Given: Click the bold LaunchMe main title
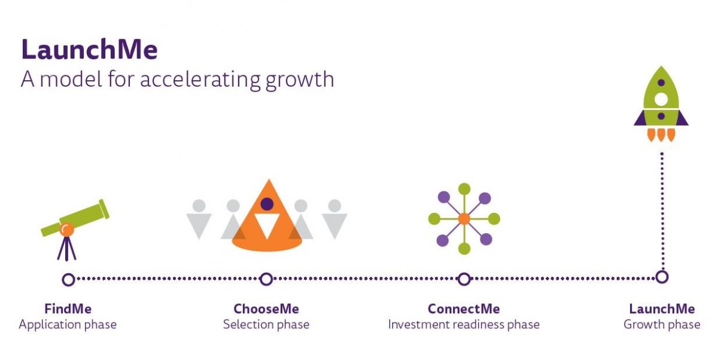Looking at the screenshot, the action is (x=89, y=49).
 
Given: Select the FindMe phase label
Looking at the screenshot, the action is (x=68, y=309).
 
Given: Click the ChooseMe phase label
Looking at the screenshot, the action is (x=266, y=309).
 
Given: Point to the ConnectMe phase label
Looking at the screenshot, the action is (x=464, y=309).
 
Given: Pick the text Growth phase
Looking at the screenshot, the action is (x=662, y=325).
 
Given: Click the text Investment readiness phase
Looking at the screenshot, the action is (x=464, y=325).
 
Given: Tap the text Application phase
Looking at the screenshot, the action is (x=68, y=325).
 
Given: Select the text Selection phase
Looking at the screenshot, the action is (x=266, y=325).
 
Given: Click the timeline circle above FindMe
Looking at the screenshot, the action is (x=68, y=279).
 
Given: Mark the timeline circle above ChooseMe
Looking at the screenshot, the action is (x=266, y=279).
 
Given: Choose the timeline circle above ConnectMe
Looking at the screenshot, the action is (x=464, y=279).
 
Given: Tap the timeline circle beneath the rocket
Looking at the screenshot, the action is (x=662, y=277).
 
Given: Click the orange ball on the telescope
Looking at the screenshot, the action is (x=66, y=229).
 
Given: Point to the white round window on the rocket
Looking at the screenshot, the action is (x=661, y=99).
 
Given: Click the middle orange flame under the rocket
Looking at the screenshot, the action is (x=661, y=135).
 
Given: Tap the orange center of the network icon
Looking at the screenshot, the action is (x=464, y=219).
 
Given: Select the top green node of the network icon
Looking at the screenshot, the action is (x=464, y=189).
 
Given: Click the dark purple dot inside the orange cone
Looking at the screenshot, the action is (x=267, y=204).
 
